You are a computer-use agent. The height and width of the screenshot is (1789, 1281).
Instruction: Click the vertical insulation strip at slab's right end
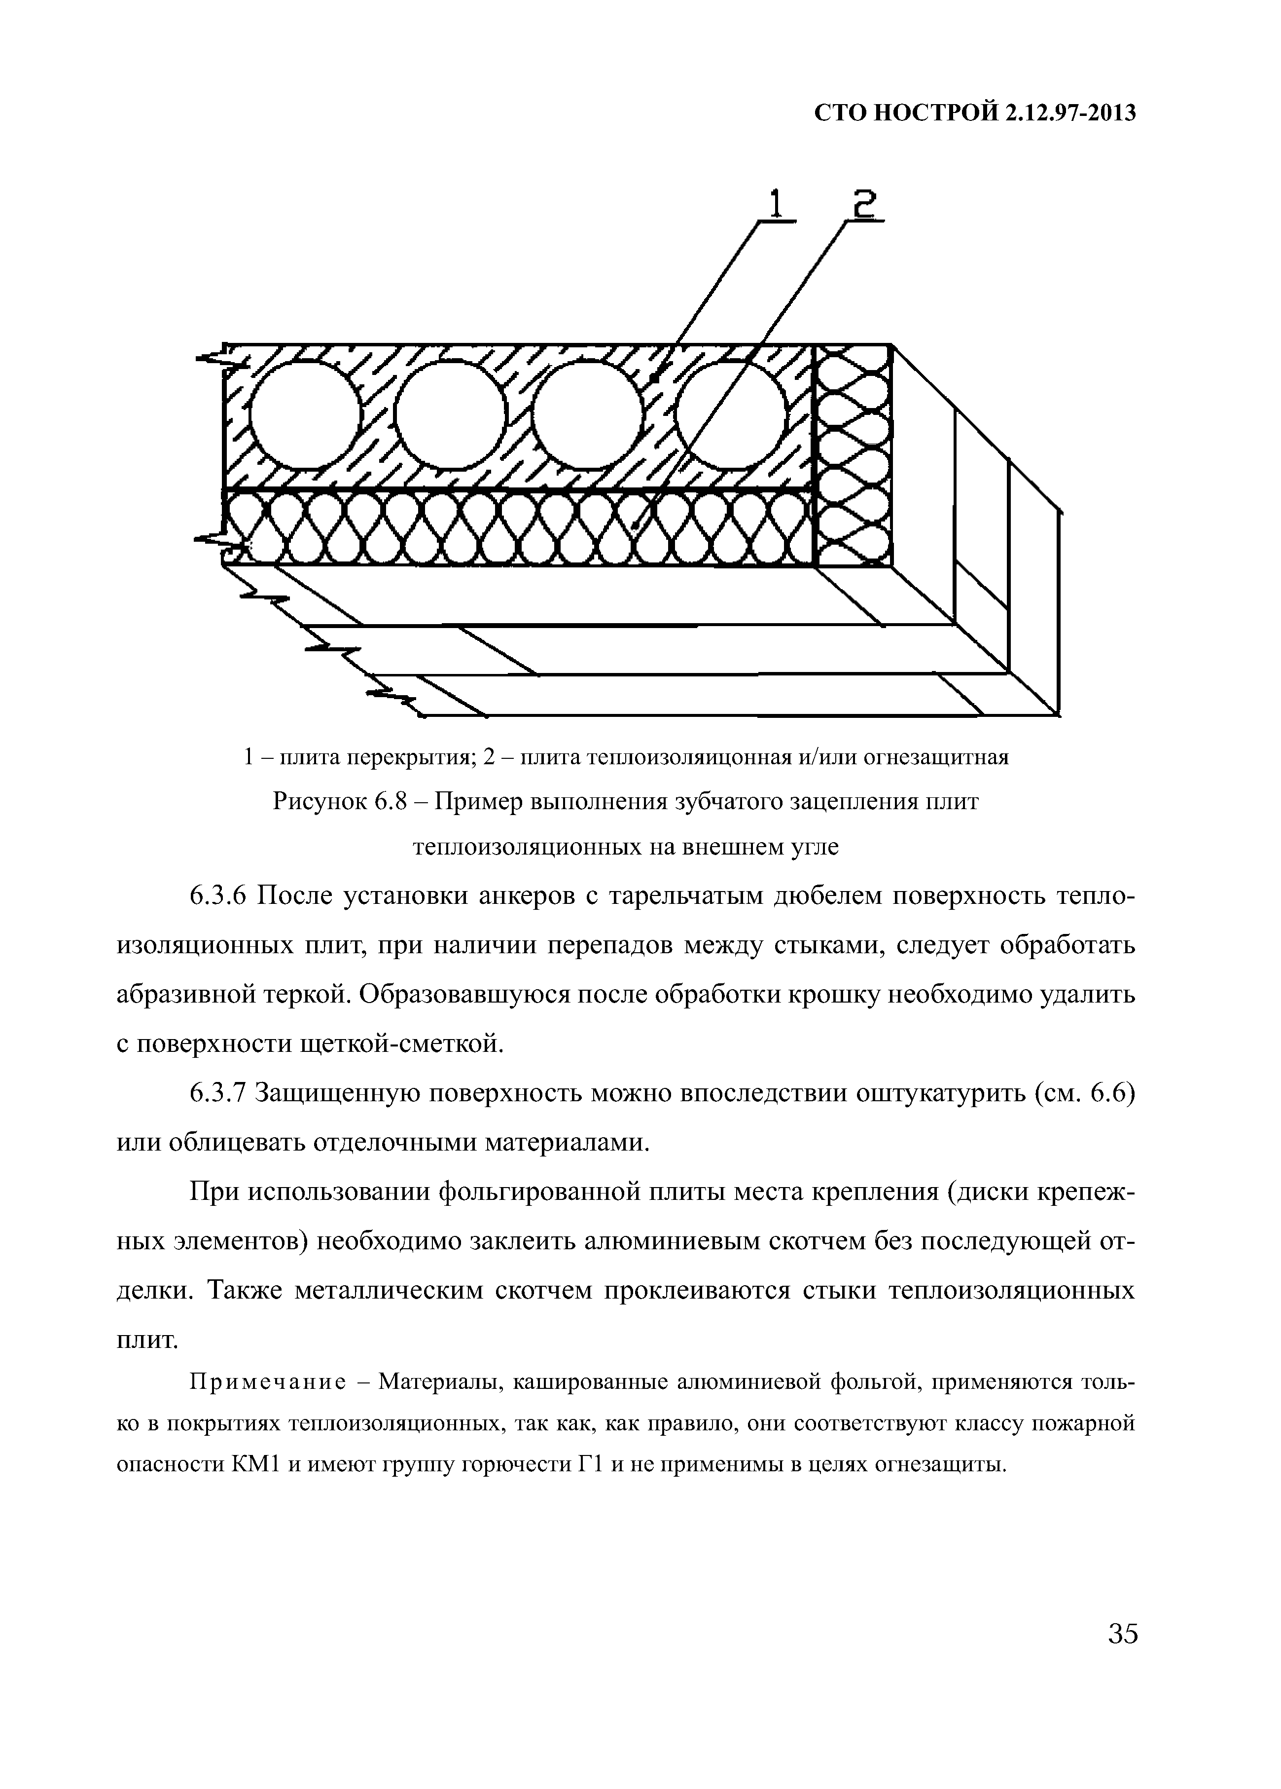853,456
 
